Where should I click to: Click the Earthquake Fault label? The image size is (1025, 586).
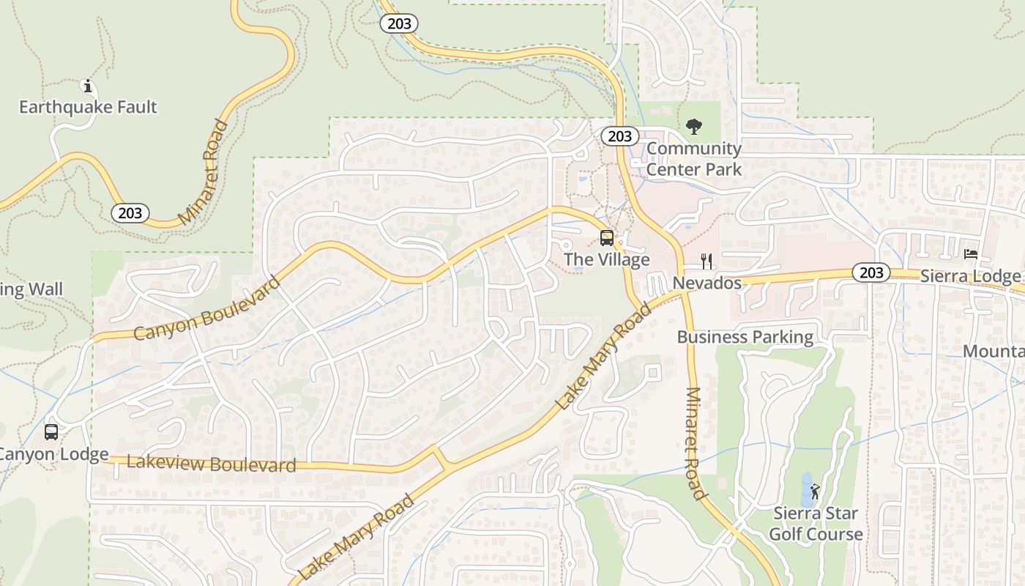(x=88, y=107)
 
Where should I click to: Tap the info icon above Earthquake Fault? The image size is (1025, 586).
(x=88, y=86)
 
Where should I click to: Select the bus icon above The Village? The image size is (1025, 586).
(x=607, y=237)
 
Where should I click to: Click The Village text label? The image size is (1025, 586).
(x=607, y=260)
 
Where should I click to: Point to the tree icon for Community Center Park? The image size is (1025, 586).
(x=693, y=127)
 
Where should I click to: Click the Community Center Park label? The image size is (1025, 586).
(x=694, y=159)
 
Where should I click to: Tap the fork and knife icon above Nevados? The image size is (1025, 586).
(x=707, y=262)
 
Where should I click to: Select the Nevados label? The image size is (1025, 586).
(x=707, y=283)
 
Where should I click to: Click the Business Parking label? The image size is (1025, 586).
(x=745, y=337)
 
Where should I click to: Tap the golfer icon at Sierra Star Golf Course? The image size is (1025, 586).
(x=815, y=492)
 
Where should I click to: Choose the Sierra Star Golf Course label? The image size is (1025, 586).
(x=816, y=524)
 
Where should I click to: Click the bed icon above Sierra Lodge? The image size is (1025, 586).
(x=971, y=254)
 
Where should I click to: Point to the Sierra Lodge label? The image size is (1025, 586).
(x=970, y=276)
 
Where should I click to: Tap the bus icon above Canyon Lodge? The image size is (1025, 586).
(x=51, y=432)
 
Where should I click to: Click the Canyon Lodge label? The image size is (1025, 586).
(x=53, y=454)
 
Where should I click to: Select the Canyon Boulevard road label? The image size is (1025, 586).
(x=207, y=308)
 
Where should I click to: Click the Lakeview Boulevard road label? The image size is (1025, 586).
(x=211, y=463)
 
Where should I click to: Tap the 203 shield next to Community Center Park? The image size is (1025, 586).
(x=620, y=136)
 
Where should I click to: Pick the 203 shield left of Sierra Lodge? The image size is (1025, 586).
(x=871, y=272)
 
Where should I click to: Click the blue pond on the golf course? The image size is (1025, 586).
(x=806, y=490)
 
